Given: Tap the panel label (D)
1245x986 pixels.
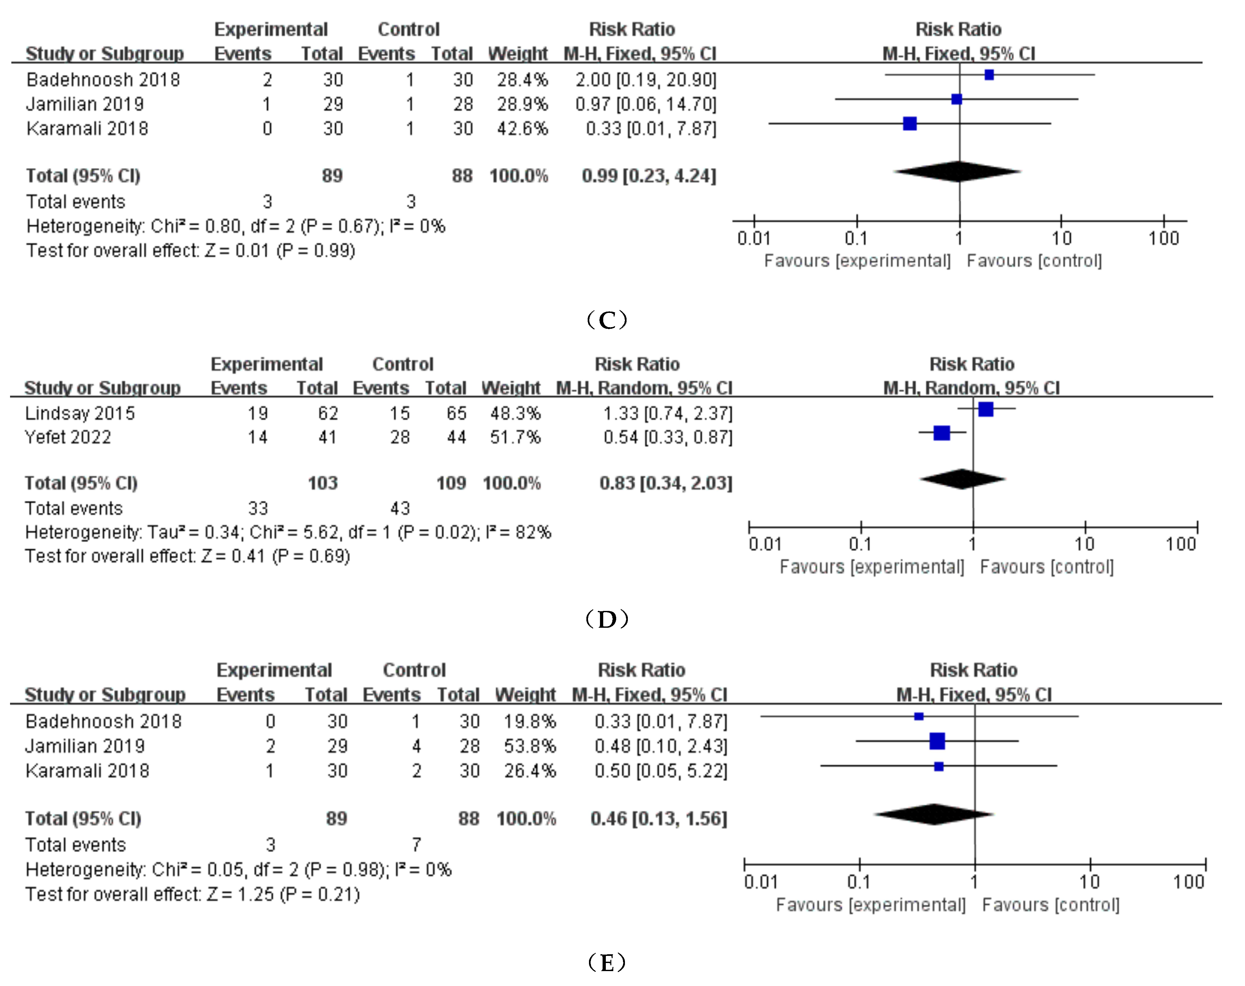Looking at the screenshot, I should pyautogui.click(x=606, y=619).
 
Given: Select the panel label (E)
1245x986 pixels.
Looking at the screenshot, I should pyautogui.click(x=606, y=962).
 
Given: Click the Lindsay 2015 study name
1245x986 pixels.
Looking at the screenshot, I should pyautogui.click(x=80, y=413).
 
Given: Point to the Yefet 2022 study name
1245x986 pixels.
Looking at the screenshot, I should pyautogui.click(x=68, y=437).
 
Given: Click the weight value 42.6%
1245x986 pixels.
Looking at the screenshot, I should pyautogui.click(x=522, y=128).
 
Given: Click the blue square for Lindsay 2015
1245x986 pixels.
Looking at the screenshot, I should pyautogui.click(x=986, y=409).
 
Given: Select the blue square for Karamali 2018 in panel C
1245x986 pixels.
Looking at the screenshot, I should pyautogui.click(x=909, y=123).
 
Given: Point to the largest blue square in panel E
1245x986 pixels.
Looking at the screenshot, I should pyautogui.click(x=937, y=741).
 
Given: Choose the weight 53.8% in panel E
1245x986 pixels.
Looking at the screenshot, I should pyautogui.click(x=530, y=746).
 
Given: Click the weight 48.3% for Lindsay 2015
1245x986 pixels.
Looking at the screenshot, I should pyautogui.click(x=515, y=413).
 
